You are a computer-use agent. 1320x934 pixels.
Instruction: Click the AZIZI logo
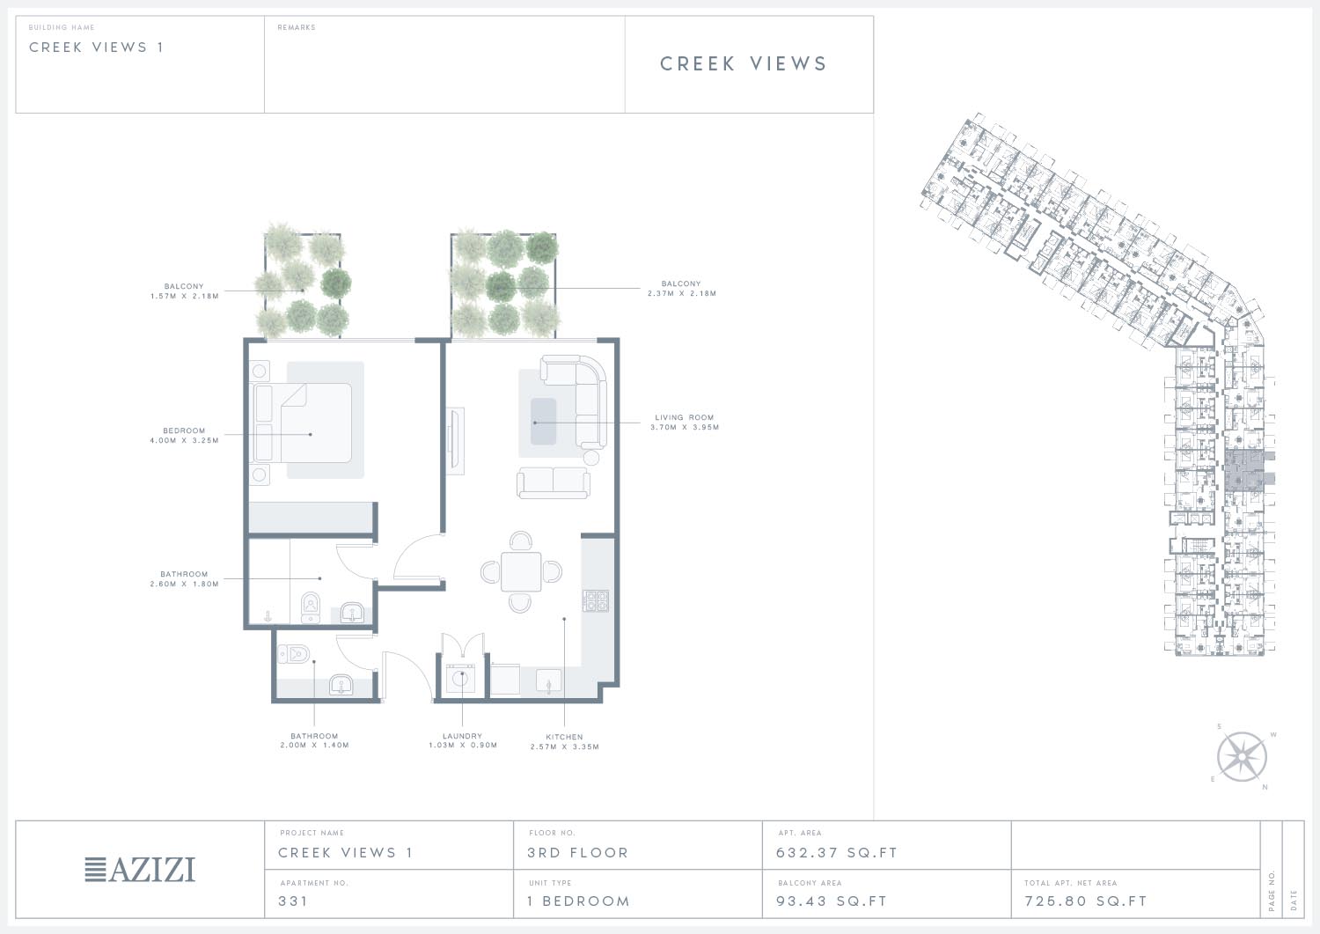pos(140,869)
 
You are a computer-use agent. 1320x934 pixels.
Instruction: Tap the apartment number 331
pos(293,901)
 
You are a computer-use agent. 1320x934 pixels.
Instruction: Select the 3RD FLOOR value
pos(577,853)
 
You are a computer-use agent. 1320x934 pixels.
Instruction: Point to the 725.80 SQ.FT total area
pos(1085,901)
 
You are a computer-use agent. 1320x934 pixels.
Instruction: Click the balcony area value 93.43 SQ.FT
pos(832,901)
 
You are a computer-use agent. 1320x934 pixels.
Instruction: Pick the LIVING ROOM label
pos(684,417)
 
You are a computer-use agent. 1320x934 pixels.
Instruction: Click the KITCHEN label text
pos(564,737)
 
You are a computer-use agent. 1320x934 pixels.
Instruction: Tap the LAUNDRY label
pos(462,736)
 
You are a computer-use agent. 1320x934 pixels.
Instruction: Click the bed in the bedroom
pos(303,423)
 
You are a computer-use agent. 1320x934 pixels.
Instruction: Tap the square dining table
pos(521,571)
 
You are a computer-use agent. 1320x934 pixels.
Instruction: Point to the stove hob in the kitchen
pos(595,600)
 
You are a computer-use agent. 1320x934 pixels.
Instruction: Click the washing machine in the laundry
pos(460,680)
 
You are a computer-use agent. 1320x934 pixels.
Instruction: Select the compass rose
pos(1242,756)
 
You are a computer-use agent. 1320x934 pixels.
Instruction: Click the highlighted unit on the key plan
pos(1244,471)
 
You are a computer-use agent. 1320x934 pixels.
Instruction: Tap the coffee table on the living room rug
pos(543,422)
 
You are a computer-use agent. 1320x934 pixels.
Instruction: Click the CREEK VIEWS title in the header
pos(743,63)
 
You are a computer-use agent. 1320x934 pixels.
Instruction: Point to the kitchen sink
pos(548,681)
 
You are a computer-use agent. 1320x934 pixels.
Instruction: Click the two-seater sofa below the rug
pos(554,482)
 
